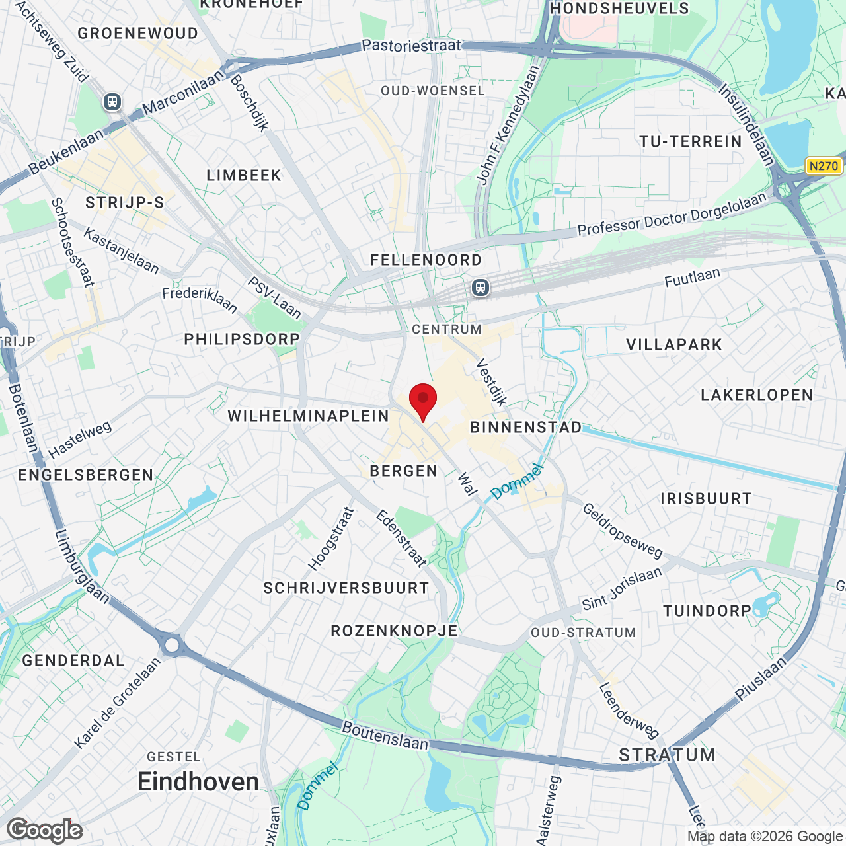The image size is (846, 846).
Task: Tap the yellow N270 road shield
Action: point(824,166)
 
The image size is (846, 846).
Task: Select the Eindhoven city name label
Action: point(198,782)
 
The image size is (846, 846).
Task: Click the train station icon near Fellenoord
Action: point(481,288)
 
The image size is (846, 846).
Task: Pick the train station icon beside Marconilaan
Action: point(112,102)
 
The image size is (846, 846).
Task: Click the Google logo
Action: point(45,830)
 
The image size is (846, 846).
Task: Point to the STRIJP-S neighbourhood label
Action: point(124,202)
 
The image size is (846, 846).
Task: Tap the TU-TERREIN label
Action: point(691,142)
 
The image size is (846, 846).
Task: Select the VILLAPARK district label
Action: point(674,344)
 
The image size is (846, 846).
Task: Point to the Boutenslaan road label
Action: point(385,736)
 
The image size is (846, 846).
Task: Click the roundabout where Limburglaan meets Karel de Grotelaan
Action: point(172,644)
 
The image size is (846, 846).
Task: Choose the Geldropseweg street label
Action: point(622,530)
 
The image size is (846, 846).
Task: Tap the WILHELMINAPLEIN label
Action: point(309,416)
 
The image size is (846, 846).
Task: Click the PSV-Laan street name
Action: point(274,297)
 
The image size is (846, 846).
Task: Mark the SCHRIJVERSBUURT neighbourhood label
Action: point(346,588)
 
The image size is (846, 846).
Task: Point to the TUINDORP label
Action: point(707,611)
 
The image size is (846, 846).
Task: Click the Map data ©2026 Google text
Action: point(765,836)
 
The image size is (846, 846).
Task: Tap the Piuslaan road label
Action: point(761,677)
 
